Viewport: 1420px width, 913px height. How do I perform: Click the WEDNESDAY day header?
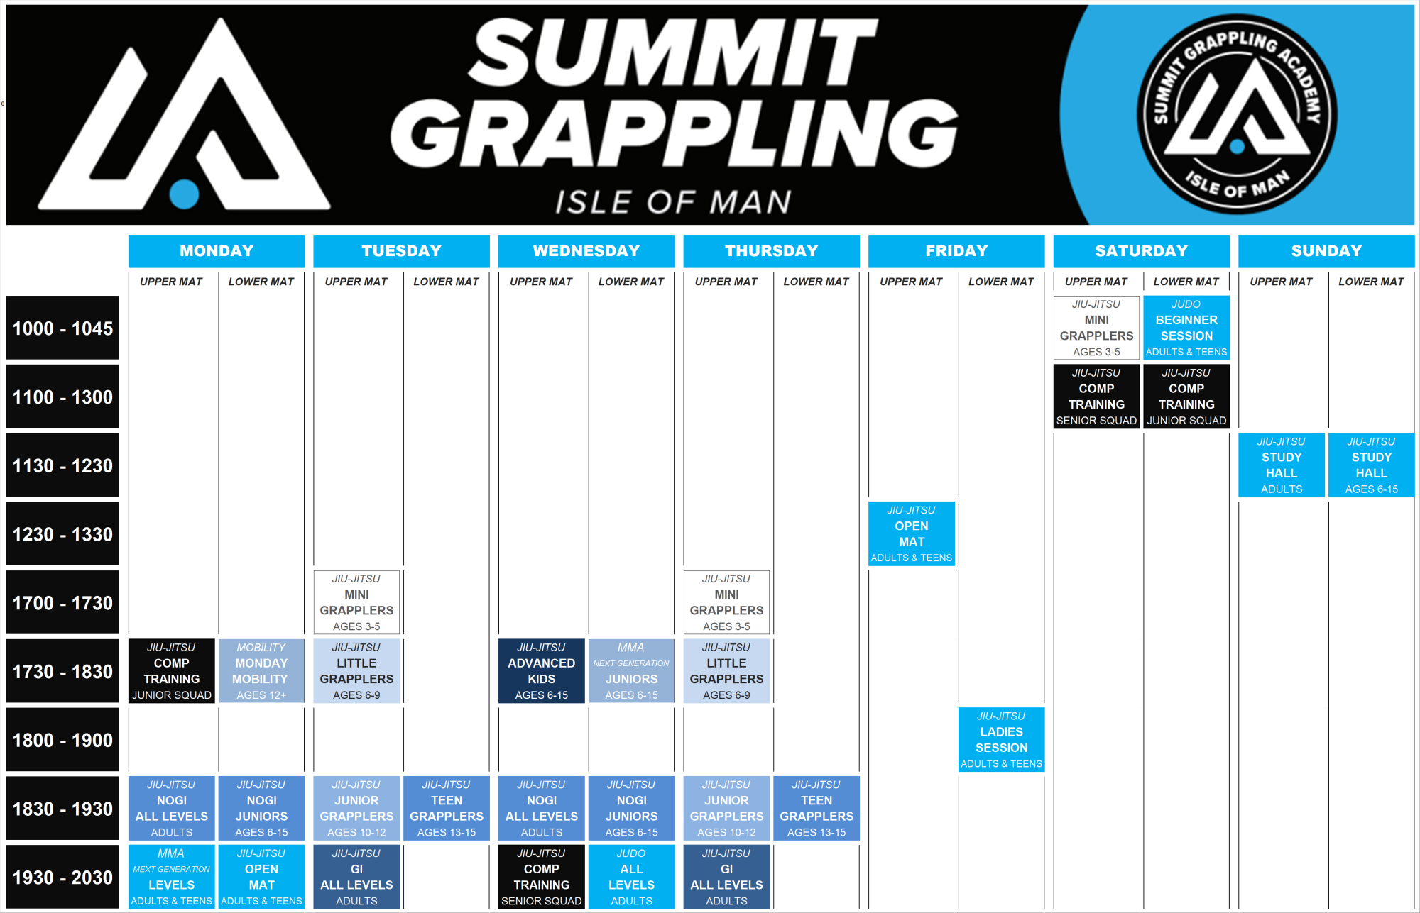[586, 251]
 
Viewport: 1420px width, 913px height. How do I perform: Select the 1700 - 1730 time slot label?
[62, 603]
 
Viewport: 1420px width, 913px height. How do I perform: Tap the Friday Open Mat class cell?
[911, 533]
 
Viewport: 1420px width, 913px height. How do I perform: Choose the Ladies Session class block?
[1001, 739]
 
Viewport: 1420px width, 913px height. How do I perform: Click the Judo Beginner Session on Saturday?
[1186, 327]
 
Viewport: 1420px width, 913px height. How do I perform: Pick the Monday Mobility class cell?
[261, 671]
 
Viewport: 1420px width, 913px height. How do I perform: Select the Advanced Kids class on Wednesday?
[541, 671]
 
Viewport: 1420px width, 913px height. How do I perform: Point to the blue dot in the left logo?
[184, 194]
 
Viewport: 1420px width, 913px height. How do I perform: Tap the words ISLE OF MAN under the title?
[672, 202]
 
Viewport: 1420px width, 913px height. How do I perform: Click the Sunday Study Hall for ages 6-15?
[1370, 465]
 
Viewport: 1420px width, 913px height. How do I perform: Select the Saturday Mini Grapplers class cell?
[1096, 327]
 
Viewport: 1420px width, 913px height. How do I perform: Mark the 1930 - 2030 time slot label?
[62, 878]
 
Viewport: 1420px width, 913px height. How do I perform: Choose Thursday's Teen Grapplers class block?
[816, 808]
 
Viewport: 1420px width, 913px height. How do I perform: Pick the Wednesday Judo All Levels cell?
[631, 877]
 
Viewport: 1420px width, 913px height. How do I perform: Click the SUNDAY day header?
[1326, 251]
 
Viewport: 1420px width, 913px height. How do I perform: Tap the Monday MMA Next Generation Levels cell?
[171, 877]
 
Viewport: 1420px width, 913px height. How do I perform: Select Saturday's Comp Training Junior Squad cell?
[1186, 396]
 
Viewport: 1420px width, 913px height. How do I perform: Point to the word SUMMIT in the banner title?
[673, 53]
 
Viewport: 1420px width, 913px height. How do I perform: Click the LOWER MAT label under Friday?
[1000, 282]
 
